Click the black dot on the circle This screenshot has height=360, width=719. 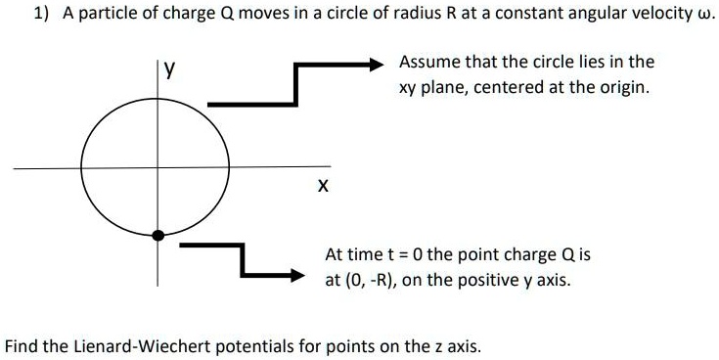coord(158,235)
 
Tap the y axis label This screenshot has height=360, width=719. coord(170,69)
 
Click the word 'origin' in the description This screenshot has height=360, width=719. coord(622,87)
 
